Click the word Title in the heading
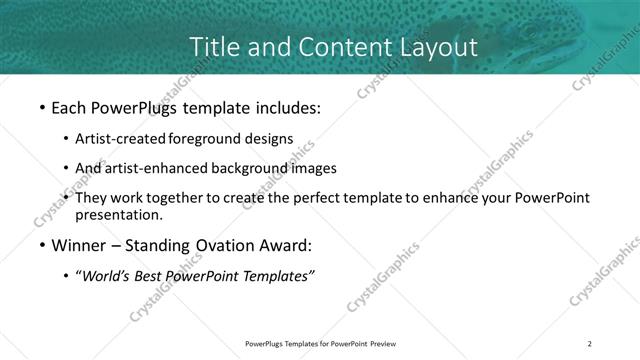[x=212, y=46]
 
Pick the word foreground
[x=209, y=138]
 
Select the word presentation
[x=118, y=214]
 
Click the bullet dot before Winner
[x=41, y=246]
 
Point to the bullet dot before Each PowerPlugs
[x=41, y=105]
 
